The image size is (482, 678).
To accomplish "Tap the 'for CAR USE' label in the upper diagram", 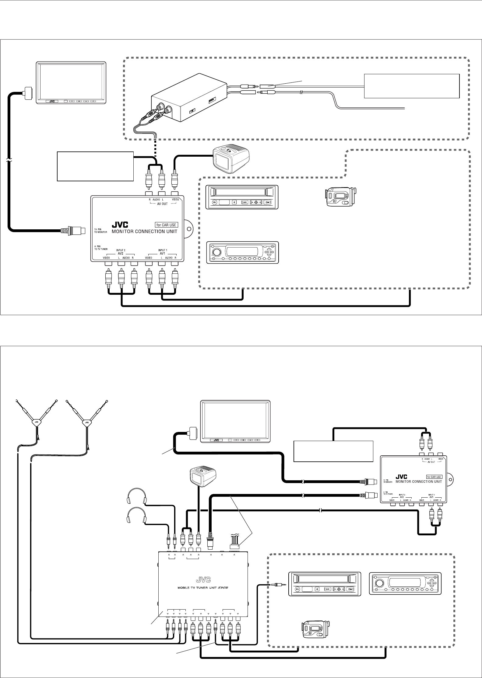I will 166,225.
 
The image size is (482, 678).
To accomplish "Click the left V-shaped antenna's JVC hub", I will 37,422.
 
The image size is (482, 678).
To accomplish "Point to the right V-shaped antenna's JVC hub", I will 87,422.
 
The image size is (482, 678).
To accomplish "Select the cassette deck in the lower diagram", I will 325,583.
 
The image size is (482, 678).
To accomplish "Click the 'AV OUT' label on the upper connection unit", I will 162,204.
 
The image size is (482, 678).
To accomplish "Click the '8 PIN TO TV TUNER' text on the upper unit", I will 100,247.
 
